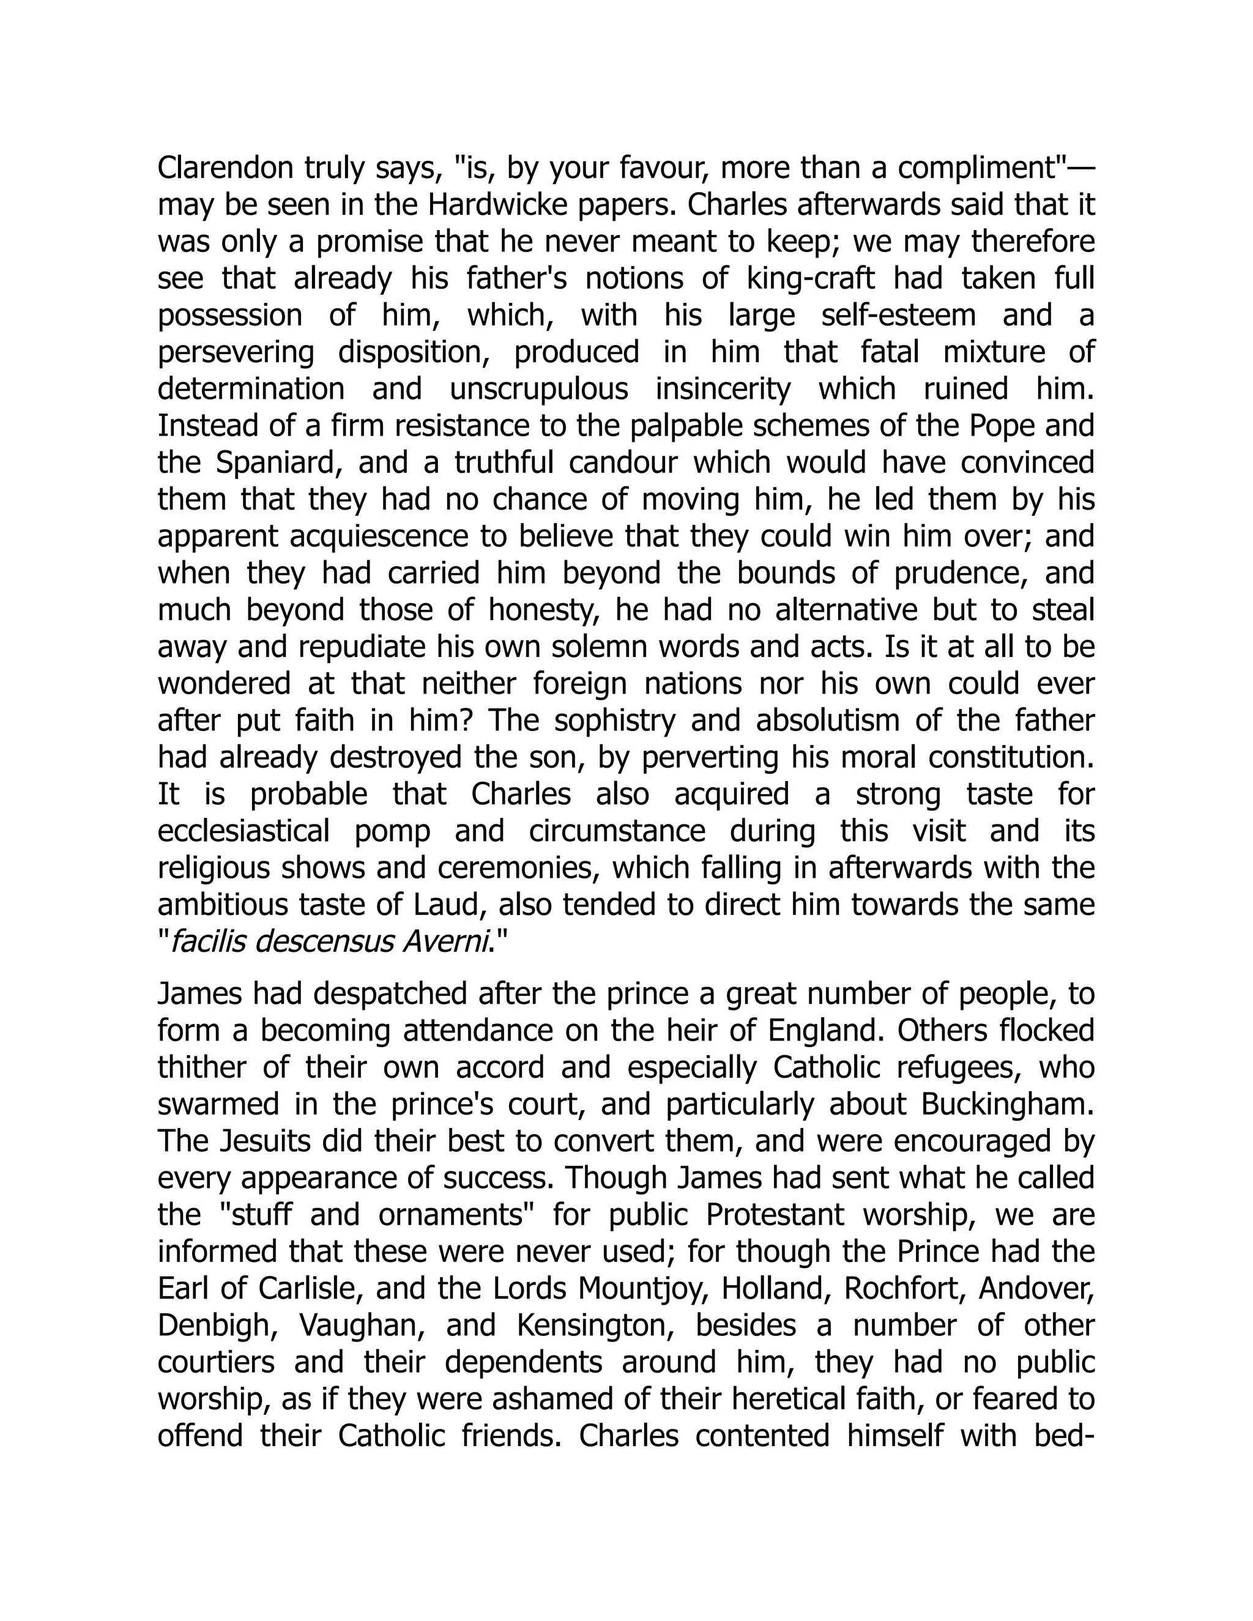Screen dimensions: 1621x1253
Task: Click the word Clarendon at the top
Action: tap(226, 168)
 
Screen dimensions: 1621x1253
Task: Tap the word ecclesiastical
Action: tap(244, 831)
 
